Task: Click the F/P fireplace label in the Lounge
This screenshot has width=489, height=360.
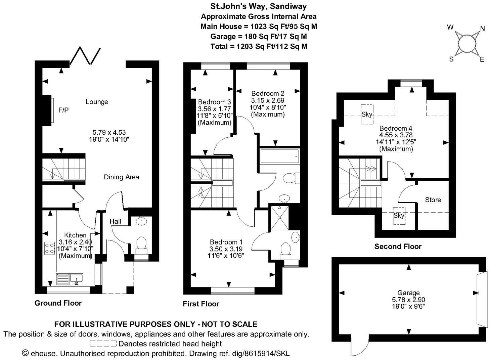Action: pyautogui.click(x=63, y=110)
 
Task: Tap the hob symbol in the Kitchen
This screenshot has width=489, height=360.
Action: pyautogui.click(x=49, y=248)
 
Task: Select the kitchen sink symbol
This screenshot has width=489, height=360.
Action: pyautogui.click(x=77, y=279)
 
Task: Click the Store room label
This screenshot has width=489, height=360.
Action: pyautogui.click(x=433, y=200)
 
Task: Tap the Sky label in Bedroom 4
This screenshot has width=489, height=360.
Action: pyautogui.click(x=366, y=114)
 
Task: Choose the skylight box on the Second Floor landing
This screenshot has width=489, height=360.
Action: pyautogui.click(x=399, y=216)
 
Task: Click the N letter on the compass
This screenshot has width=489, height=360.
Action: pyautogui.click(x=482, y=29)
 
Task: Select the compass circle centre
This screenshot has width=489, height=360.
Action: pyautogui.click(x=466, y=43)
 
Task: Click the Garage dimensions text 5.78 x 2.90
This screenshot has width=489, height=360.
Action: pyautogui.click(x=408, y=300)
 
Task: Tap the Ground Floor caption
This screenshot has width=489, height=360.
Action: pyautogui.click(x=58, y=303)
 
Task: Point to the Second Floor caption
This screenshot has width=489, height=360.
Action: pyautogui.click(x=398, y=246)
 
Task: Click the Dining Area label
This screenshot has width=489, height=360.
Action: pyautogui.click(x=121, y=177)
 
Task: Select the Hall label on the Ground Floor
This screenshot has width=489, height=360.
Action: pyautogui.click(x=116, y=221)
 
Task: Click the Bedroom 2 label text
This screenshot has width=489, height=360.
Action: pyautogui.click(x=268, y=93)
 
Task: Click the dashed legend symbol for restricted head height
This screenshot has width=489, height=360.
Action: pyautogui.click(x=103, y=344)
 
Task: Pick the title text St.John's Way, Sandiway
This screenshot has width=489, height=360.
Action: pyautogui.click(x=258, y=6)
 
